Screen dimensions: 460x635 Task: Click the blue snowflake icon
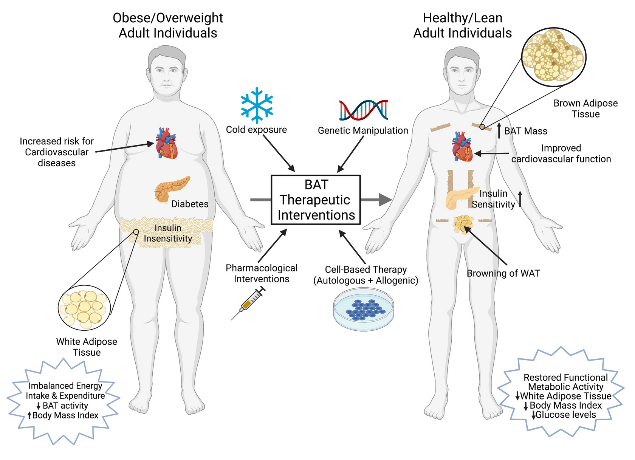pyautogui.click(x=257, y=105)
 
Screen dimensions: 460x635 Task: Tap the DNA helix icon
pyautogui.click(x=364, y=110)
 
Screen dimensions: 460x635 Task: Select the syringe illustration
pyautogui.click(x=248, y=303)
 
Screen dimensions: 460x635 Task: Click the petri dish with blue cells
pyautogui.click(x=364, y=309)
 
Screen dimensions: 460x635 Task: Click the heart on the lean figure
pyautogui.click(x=462, y=147)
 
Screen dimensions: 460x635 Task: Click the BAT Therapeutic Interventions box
pyautogui.click(x=316, y=200)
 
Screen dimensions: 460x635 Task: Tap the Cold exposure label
pyautogui.click(x=256, y=130)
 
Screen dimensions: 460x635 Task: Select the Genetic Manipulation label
pyautogui.click(x=363, y=130)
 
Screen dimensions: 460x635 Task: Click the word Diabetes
pyautogui.click(x=190, y=204)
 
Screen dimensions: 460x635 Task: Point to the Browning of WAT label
pyautogui.click(x=503, y=273)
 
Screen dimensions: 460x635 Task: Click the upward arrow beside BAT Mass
pyautogui.click(x=499, y=130)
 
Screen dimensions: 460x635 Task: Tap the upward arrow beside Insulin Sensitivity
pyautogui.click(x=520, y=199)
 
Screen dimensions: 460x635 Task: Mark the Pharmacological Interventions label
pyautogui.click(x=262, y=273)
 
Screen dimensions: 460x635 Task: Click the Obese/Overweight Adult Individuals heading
pyautogui.click(x=168, y=25)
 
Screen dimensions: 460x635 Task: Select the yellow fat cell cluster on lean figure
pyautogui.click(x=463, y=224)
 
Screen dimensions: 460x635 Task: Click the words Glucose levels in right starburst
pyautogui.click(x=566, y=415)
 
